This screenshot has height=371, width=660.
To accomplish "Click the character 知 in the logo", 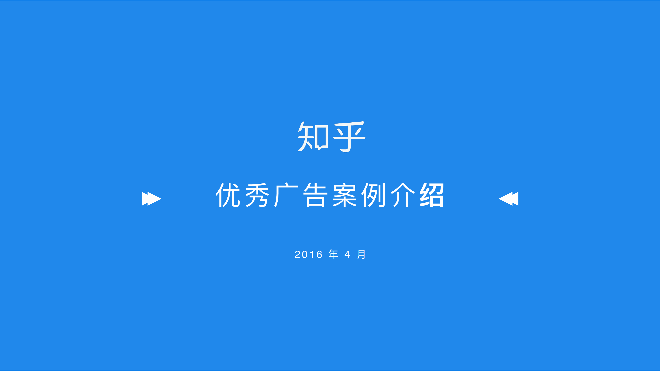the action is tap(313, 136).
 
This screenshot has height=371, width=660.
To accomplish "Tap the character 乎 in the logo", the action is tap(349, 137).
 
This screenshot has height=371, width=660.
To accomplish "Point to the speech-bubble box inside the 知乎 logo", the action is tap(321, 138).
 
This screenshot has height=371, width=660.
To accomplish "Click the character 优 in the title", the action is tap(228, 195).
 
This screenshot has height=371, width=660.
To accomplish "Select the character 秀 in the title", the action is tap(257, 195).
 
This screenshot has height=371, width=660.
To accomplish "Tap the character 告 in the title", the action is tap(315, 195).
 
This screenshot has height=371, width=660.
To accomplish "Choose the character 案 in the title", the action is tap(344, 195).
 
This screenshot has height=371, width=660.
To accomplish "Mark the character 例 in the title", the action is tap(373, 195).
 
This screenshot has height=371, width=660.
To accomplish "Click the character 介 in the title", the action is tap(403, 195).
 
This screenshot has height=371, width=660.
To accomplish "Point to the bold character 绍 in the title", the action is tap(432, 195).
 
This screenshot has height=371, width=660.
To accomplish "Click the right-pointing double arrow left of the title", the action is tap(151, 199).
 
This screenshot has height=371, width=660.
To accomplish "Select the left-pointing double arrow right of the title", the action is tap(508, 199).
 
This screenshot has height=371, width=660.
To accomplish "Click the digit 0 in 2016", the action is tap(305, 255).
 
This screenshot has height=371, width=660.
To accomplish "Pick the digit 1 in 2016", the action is tap(312, 255).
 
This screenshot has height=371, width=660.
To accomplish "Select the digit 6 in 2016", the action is tap(319, 255).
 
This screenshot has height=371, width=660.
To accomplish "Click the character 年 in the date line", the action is tap(333, 254).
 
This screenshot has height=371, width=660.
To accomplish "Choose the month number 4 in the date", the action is tap(347, 255).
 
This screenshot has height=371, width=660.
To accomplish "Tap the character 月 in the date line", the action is tap(361, 254).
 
